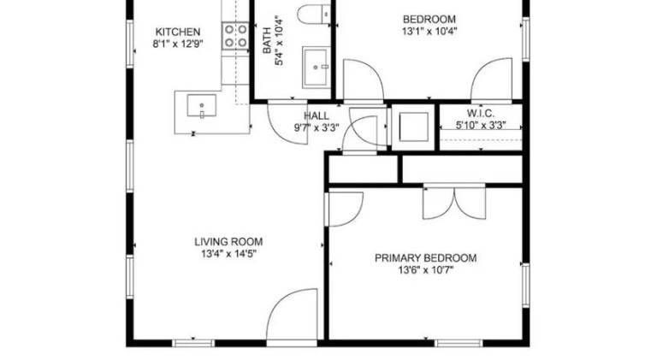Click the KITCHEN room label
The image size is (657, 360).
(x=178, y=32)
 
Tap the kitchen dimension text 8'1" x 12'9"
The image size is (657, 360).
(x=178, y=44)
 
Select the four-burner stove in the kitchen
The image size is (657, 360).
(x=235, y=36)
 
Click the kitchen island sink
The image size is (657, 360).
(x=202, y=105)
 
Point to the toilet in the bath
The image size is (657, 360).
(x=314, y=15)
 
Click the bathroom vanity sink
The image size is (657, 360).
(x=316, y=68)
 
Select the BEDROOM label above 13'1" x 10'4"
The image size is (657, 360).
(x=429, y=20)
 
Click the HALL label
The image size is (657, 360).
(x=317, y=116)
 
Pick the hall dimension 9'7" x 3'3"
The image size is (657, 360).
(x=317, y=127)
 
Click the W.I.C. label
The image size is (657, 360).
(x=481, y=114)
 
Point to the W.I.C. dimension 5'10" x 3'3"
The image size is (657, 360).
(x=481, y=125)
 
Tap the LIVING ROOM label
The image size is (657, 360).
(x=228, y=242)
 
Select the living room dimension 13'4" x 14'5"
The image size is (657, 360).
(x=228, y=254)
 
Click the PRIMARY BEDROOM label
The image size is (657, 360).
(x=425, y=258)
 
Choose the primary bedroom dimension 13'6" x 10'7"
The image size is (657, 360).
(x=425, y=270)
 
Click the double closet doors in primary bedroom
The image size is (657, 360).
(x=454, y=201)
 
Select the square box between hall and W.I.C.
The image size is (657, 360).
(x=413, y=127)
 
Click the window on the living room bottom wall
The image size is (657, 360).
(x=193, y=343)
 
